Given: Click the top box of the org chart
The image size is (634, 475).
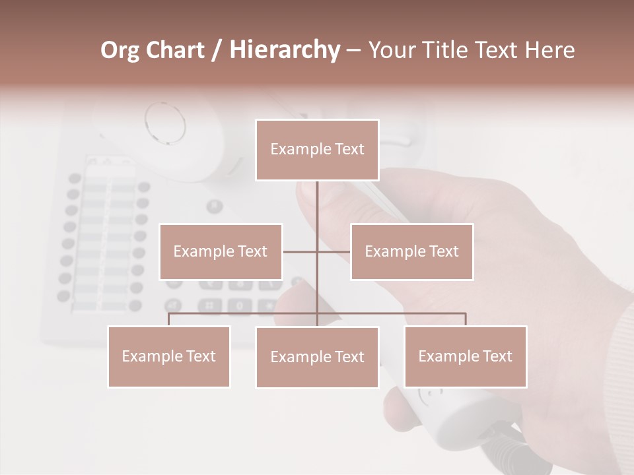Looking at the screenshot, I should coord(317,150).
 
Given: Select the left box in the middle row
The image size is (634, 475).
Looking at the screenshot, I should coord(221,251).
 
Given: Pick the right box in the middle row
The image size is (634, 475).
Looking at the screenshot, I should coord(411,251).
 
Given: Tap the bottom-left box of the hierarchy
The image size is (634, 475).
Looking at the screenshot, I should coord(169,356).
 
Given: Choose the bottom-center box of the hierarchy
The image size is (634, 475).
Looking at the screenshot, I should coord(317,357).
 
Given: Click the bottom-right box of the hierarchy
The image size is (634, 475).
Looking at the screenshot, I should coord(465,356).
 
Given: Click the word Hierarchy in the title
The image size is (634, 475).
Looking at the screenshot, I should coord(285,49).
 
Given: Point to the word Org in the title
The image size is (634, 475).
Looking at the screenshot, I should coord(120,49).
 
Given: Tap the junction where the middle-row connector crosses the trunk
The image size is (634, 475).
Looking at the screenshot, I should coord(317,251).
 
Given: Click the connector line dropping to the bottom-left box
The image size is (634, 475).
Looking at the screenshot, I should coord(169,320).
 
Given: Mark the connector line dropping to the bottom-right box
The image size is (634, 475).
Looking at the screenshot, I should coord(465,320).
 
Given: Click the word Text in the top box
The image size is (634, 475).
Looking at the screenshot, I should coord(348,149).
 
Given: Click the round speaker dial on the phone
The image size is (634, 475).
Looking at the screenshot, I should coord(164,123).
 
